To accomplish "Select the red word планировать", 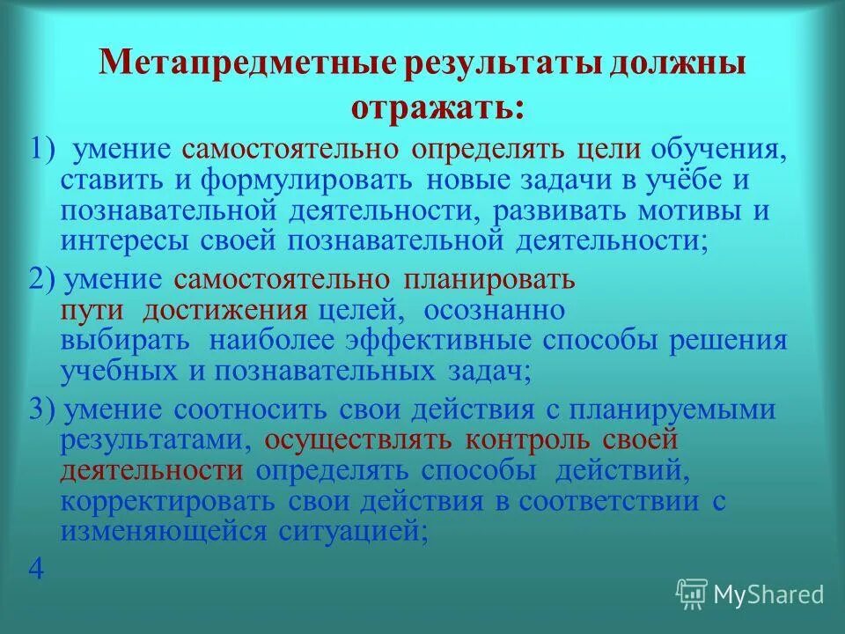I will pyautogui.click(x=489, y=280).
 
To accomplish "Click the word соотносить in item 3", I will pyautogui.click(x=250, y=410).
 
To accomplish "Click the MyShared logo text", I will pyautogui.click(x=768, y=594).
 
